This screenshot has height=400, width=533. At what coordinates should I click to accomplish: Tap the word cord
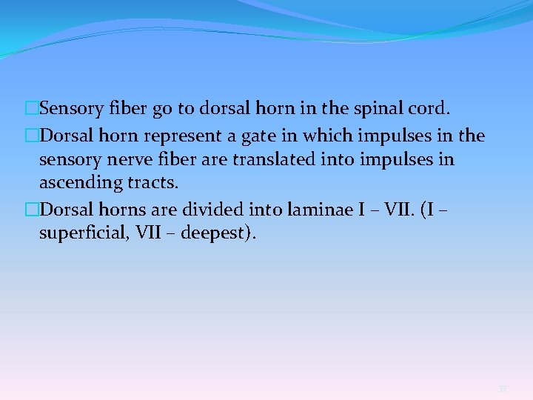tap(428, 109)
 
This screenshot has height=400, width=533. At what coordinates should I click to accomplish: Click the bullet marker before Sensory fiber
tap(32, 110)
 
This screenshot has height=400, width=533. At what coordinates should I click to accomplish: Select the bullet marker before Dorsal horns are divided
tap(32, 210)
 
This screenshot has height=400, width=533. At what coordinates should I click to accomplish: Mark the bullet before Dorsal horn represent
tap(32, 136)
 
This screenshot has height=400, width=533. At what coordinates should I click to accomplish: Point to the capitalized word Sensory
tap(67, 110)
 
